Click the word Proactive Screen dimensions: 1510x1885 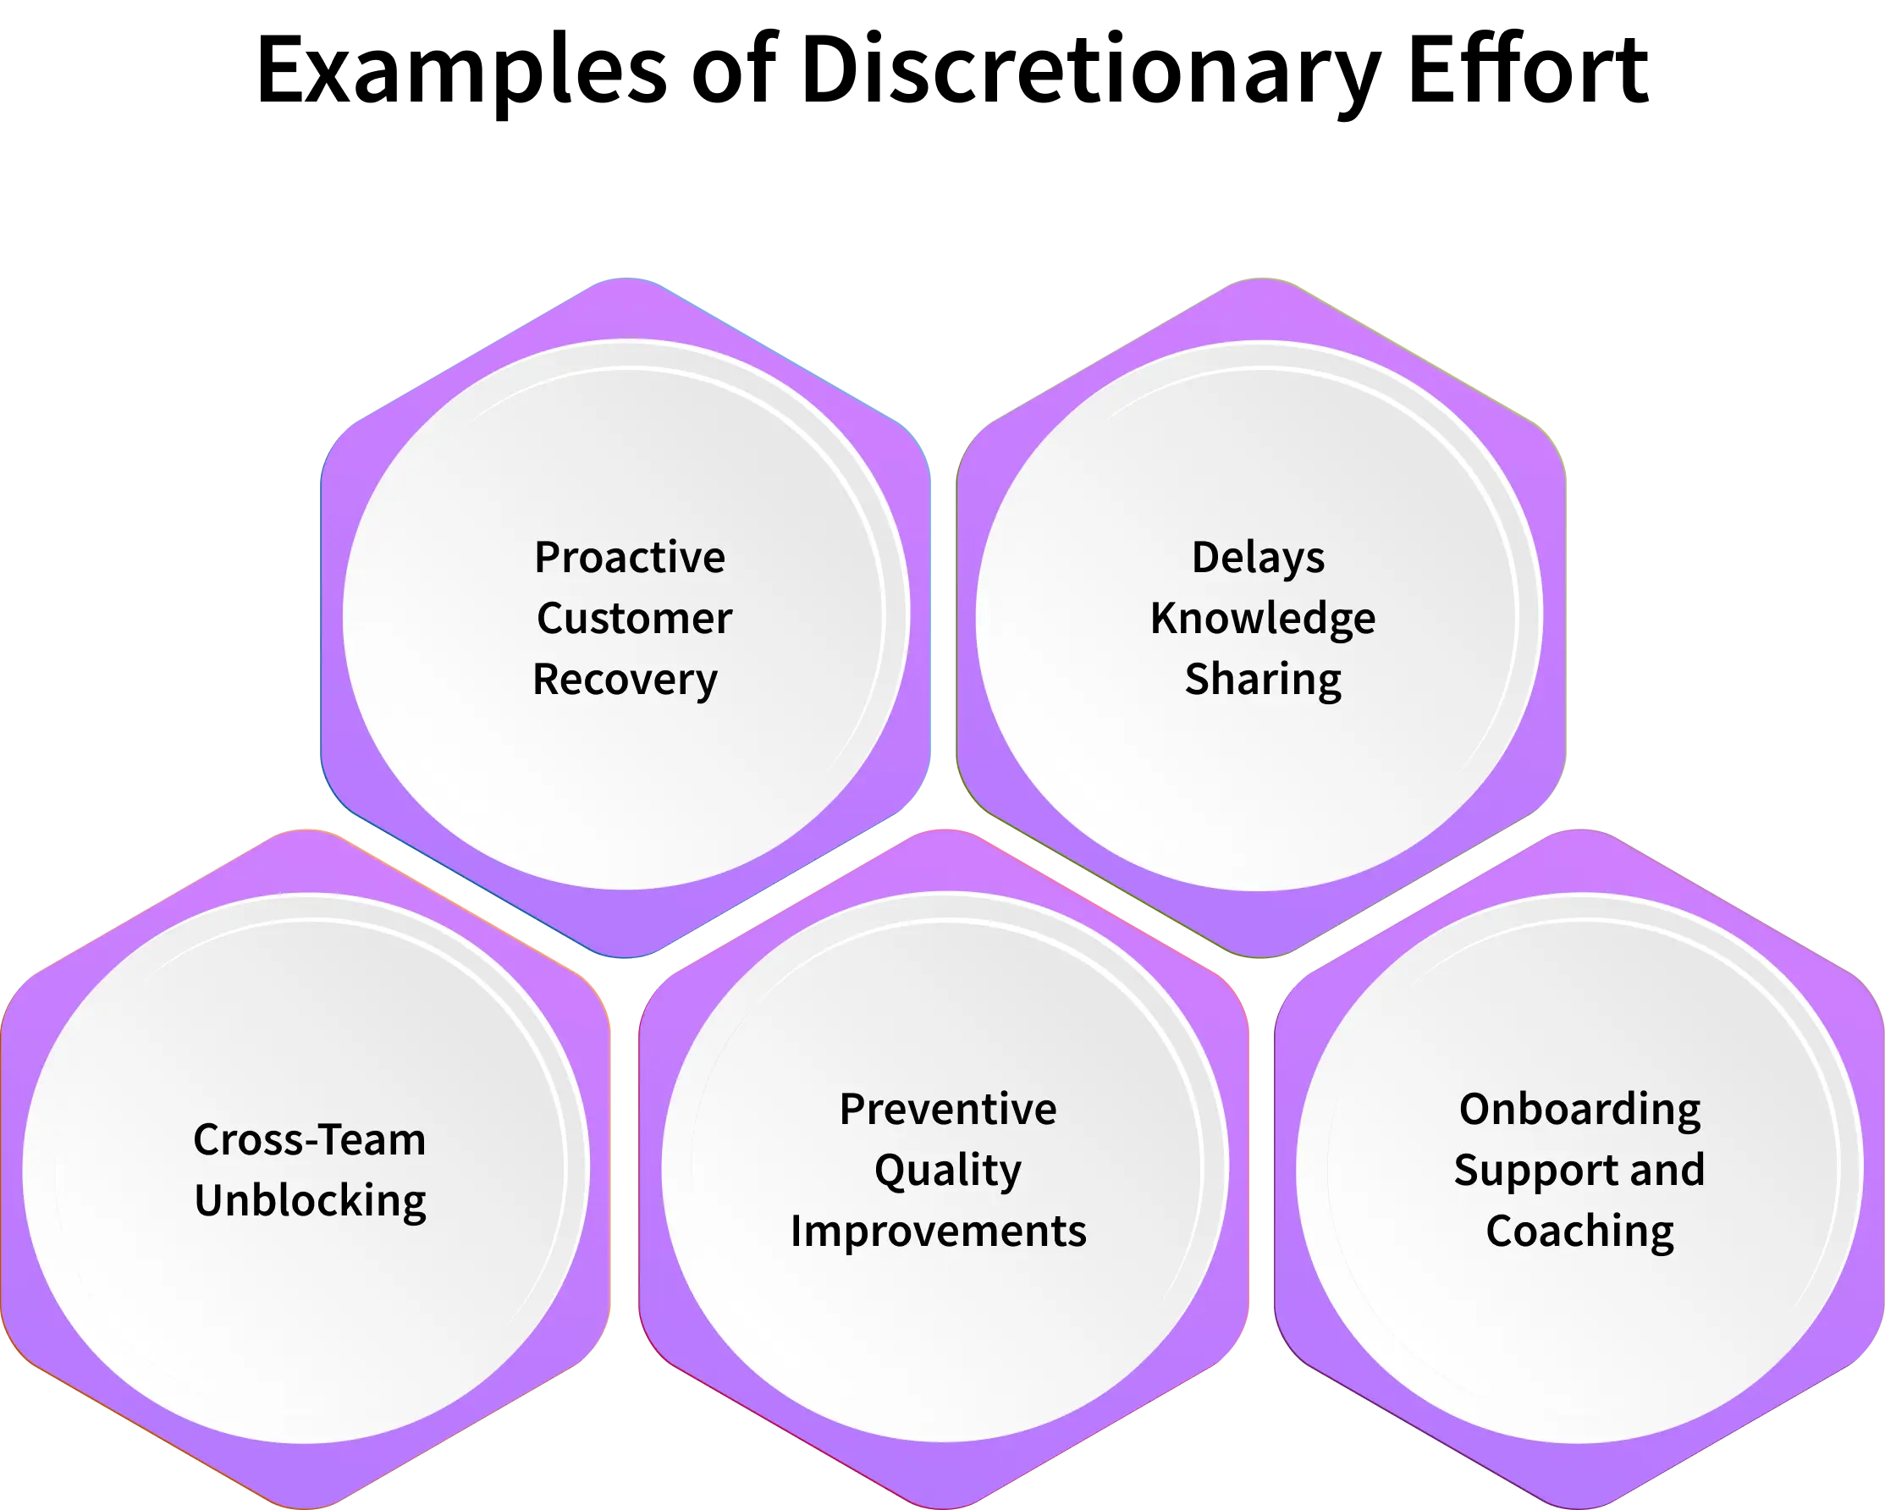(630, 558)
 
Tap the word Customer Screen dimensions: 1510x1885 (634, 619)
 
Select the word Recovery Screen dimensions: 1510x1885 (626, 681)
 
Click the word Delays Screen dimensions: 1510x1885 (1258, 558)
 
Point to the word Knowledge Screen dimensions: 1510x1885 (1263, 619)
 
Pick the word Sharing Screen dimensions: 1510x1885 (1263, 681)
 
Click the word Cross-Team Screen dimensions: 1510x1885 (310, 1140)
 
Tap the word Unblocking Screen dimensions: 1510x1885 (310, 1200)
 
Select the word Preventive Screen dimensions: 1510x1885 (948, 1110)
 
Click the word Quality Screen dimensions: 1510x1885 (948, 1171)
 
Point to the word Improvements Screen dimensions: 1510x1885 (938, 1231)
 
